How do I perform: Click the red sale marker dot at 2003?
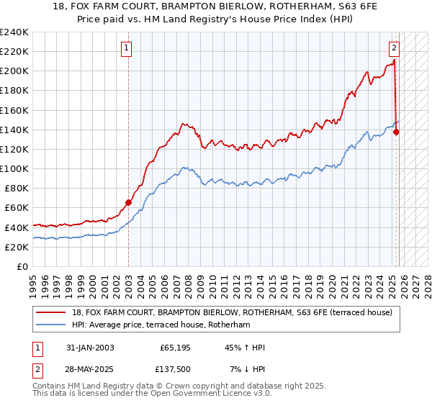(129, 202)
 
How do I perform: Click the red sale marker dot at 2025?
(397, 132)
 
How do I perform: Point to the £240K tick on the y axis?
(14, 32)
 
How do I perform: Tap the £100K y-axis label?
(14, 168)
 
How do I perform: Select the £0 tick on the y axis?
(23, 266)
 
